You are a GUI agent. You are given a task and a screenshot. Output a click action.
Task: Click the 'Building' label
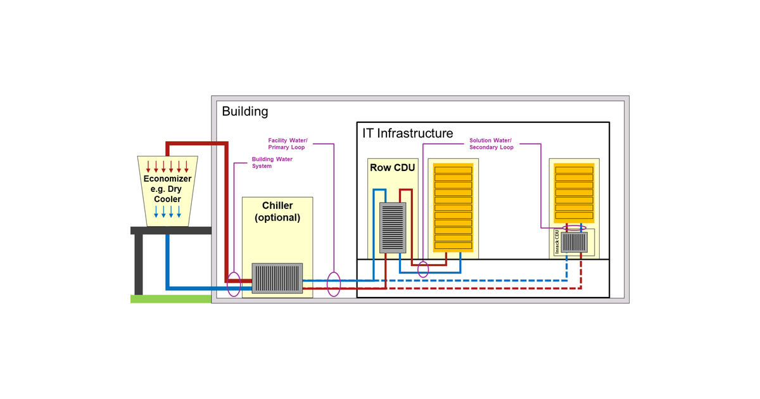[x=245, y=111]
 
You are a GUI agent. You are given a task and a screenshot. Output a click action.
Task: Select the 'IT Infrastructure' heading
[x=407, y=133]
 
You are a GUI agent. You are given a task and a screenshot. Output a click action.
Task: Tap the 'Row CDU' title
[x=392, y=168]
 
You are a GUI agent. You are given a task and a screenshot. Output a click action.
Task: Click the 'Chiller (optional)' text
[x=277, y=212]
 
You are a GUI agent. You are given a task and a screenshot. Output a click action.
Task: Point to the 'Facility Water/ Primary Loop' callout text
[x=288, y=144]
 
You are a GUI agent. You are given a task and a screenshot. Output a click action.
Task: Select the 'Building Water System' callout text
[x=272, y=163]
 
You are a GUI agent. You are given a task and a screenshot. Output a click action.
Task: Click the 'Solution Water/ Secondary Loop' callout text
[x=491, y=144]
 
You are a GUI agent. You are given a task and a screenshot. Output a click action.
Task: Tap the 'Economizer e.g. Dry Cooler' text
[x=167, y=189]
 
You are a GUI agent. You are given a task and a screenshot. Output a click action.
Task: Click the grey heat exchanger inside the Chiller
[x=277, y=278]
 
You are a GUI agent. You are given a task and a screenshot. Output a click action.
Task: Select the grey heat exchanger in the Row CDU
[x=392, y=227]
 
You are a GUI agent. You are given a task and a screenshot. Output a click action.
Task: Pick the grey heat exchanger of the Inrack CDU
[x=574, y=243]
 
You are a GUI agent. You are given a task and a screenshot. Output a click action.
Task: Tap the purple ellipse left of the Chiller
[x=234, y=284]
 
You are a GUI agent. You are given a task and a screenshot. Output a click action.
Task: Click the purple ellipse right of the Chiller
[x=333, y=284]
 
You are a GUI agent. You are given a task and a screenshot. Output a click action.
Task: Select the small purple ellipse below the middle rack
[x=423, y=269]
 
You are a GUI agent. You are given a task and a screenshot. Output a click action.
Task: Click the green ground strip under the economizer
[x=170, y=298]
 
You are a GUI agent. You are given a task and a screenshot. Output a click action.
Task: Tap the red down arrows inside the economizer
[x=167, y=167]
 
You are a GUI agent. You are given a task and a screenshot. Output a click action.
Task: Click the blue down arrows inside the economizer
[x=167, y=212]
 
